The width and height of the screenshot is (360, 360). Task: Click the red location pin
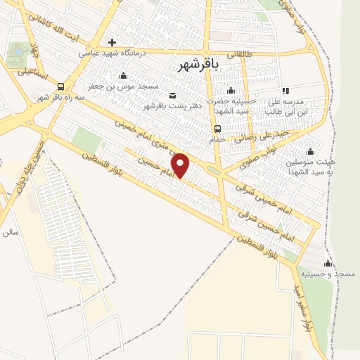pyautogui.click(x=181, y=166)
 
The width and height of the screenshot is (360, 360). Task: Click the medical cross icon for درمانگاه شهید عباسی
pyautogui.click(x=112, y=42)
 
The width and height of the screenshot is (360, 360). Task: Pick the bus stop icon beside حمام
pyautogui.click(x=217, y=129)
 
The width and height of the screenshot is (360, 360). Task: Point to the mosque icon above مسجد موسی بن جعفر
pyautogui.click(x=124, y=76)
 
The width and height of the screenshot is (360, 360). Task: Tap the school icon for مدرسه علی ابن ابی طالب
pyautogui.click(x=285, y=91)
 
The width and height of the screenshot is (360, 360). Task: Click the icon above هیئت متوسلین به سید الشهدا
pyautogui.click(x=310, y=151)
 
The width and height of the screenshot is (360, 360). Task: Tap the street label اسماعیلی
pyautogui.click(x=33, y=71)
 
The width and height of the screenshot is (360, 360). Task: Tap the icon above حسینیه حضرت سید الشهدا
pyautogui.click(x=231, y=90)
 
